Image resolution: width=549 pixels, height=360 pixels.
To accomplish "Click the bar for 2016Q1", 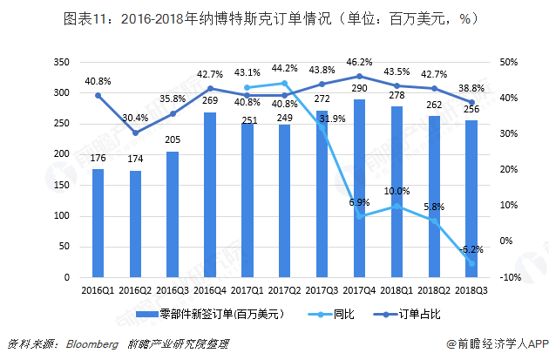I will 98,222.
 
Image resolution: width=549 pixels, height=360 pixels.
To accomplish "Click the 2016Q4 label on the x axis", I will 210,289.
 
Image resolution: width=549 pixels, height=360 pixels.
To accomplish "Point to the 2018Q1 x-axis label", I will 396,289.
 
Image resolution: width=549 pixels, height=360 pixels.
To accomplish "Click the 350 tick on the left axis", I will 61,63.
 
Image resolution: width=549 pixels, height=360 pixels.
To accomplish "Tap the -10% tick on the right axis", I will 512,277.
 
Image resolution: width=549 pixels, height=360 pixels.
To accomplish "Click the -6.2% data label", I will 471,249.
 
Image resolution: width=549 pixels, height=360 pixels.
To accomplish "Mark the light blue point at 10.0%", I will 397,206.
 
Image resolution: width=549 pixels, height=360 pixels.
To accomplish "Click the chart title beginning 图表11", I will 274,19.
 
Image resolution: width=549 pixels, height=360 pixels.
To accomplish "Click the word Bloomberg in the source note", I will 91,343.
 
